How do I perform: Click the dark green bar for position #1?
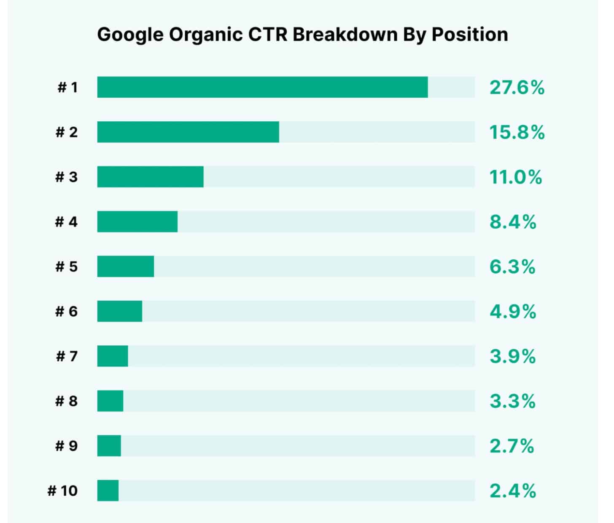262,87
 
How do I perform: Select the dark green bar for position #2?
188,132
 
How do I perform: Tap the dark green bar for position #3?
150,177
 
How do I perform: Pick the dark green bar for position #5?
126,267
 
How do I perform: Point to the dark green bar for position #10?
108,491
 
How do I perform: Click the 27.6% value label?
517,88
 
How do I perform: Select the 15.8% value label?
517,132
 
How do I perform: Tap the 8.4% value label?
513,222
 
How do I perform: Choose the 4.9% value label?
513,312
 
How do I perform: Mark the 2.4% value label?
513,491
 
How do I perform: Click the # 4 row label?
67,222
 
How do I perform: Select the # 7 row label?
67,357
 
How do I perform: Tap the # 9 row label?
67,446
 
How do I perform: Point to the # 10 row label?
63,491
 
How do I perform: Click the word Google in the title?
130,35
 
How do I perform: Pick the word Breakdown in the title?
345,34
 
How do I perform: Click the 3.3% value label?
512,401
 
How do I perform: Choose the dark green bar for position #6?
120,311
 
